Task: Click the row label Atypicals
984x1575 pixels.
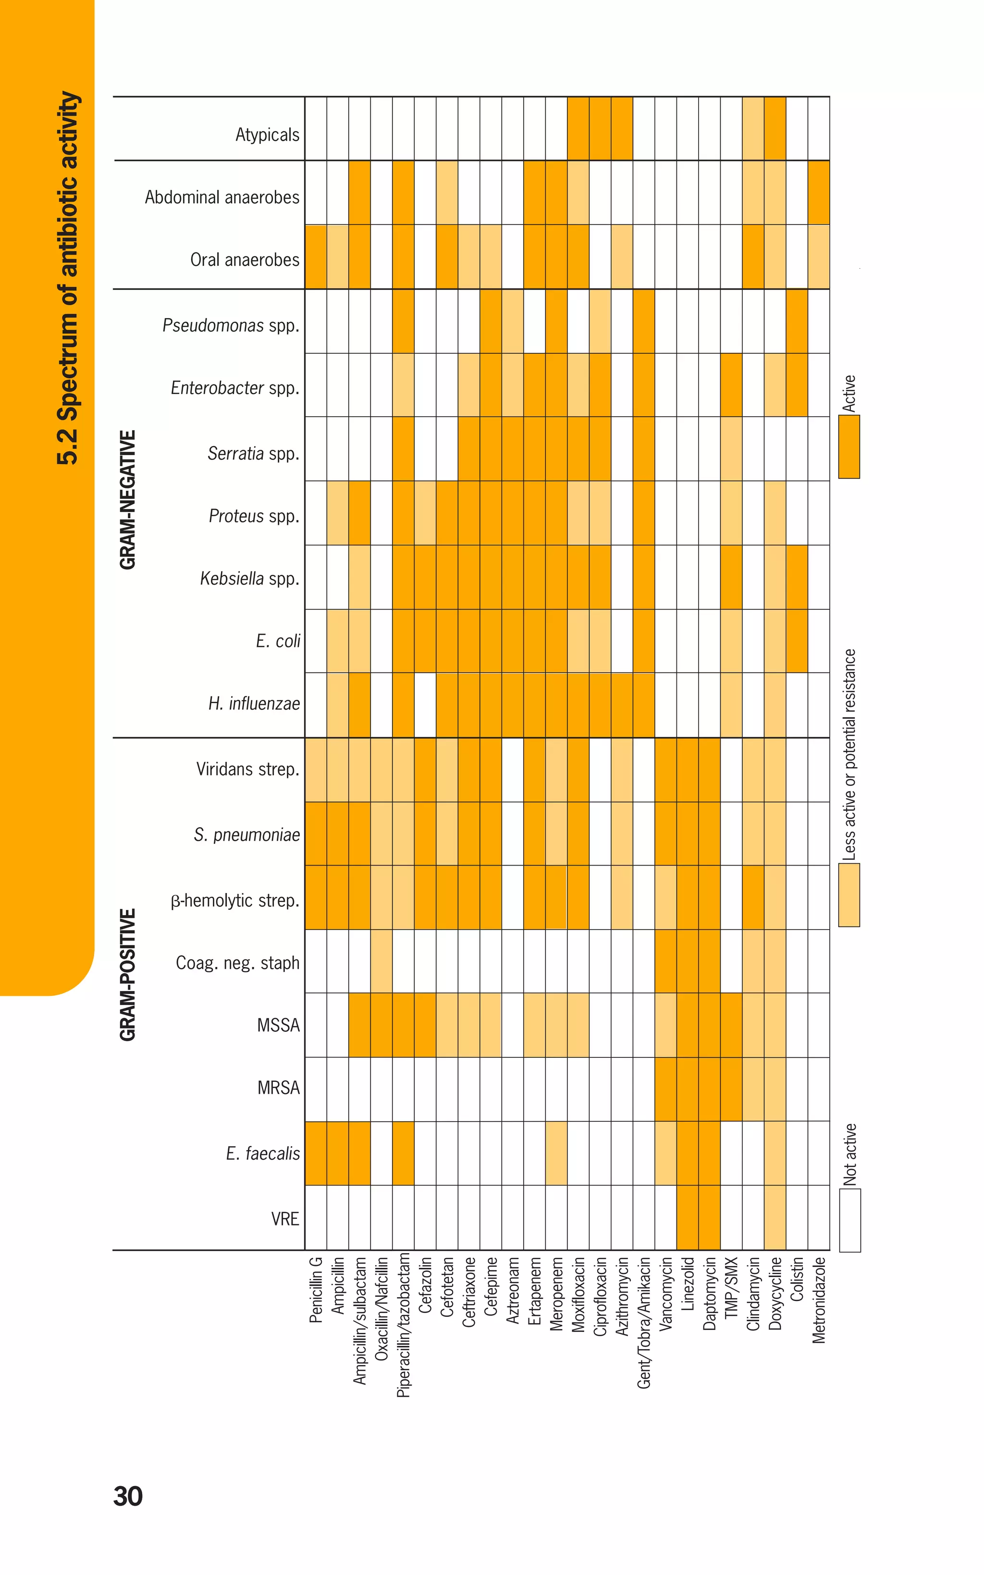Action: (x=267, y=135)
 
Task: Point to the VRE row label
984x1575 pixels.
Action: (x=285, y=1218)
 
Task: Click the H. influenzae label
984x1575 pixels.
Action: (x=254, y=704)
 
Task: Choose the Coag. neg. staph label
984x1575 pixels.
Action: (x=237, y=963)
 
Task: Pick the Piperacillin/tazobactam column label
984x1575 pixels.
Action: (x=403, y=1325)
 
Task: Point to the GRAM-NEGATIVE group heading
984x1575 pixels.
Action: (x=128, y=499)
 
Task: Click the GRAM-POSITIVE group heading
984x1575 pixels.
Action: (x=128, y=974)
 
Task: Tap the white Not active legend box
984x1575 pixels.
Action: (x=849, y=1220)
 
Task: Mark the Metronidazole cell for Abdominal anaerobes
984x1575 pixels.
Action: (x=819, y=193)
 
